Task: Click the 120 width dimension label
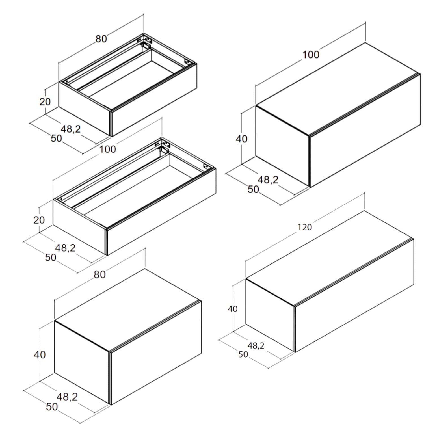coord(305,227)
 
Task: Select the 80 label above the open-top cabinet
coord(101,39)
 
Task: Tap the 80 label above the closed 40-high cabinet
coord(99,274)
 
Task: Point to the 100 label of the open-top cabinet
coord(107,149)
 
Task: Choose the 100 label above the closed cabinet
coord(311,55)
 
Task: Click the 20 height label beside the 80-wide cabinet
coord(45,101)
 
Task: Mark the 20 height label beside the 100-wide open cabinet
coord(39,220)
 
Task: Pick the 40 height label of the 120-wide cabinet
coord(233,309)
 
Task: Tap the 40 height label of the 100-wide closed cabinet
coord(241,139)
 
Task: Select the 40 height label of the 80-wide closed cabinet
coord(40,354)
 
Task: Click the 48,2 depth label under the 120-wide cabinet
coord(256,345)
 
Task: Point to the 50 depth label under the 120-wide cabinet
coord(243,354)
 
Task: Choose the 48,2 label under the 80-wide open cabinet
coord(71,129)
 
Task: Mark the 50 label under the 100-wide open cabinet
coord(51,258)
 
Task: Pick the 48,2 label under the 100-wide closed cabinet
coord(268,180)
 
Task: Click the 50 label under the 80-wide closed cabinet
coord(52,407)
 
